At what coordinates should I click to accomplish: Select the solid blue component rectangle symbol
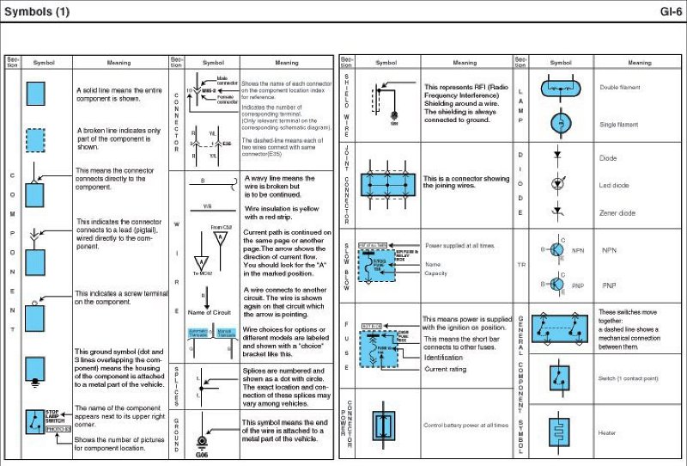pyautogui.click(x=35, y=93)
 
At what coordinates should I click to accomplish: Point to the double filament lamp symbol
pyautogui.click(x=558, y=88)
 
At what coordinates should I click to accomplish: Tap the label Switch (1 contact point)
pyautogui.click(x=627, y=377)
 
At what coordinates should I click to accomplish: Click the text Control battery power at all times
pyautogui.click(x=465, y=425)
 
